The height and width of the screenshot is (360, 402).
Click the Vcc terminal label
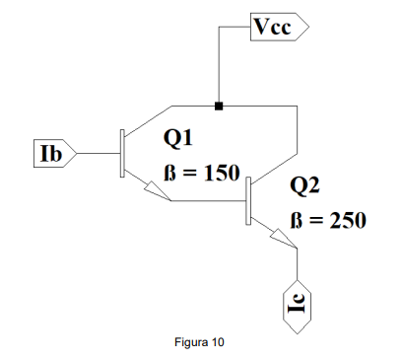(279, 27)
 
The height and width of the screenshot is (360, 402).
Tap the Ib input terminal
(55, 153)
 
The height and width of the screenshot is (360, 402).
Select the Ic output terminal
(298, 307)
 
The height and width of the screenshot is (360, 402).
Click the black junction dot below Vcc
(219, 106)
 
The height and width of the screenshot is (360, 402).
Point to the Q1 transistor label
(177, 138)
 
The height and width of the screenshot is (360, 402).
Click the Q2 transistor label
(304, 185)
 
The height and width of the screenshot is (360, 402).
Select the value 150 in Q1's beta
(222, 173)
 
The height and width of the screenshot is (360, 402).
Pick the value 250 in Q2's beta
(348, 220)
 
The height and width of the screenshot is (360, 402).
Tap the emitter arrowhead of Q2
(284, 238)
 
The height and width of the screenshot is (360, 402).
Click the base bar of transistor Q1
(122, 153)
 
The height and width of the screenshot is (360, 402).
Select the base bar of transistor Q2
(248, 200)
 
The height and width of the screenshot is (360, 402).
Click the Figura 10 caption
(199, 342)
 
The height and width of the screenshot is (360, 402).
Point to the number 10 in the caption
(218, 342)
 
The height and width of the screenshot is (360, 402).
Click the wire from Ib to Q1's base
(99, 153)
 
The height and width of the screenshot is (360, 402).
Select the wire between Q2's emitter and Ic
(298, 264)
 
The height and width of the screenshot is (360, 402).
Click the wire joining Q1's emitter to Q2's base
(209, 200)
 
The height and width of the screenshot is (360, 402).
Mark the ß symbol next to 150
(168, 173)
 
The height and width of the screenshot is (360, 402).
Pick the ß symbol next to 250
(296, 220)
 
